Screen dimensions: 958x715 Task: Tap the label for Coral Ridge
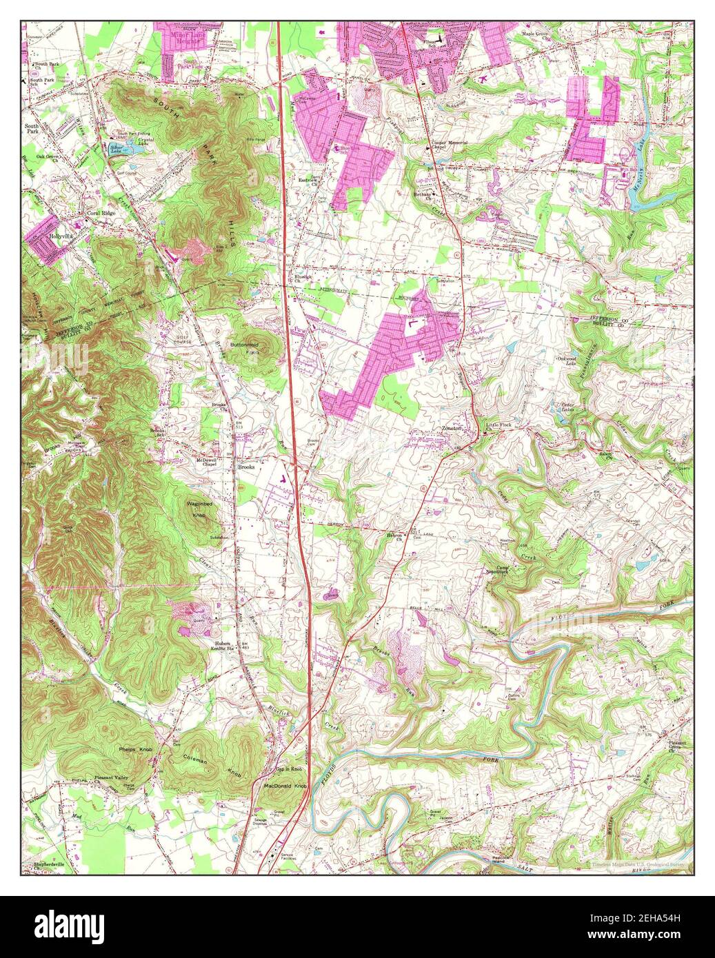point(101,214)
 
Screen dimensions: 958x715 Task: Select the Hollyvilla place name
point(61,234)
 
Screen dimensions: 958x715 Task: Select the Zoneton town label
point(454,428)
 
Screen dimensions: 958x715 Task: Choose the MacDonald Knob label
point(285,786)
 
